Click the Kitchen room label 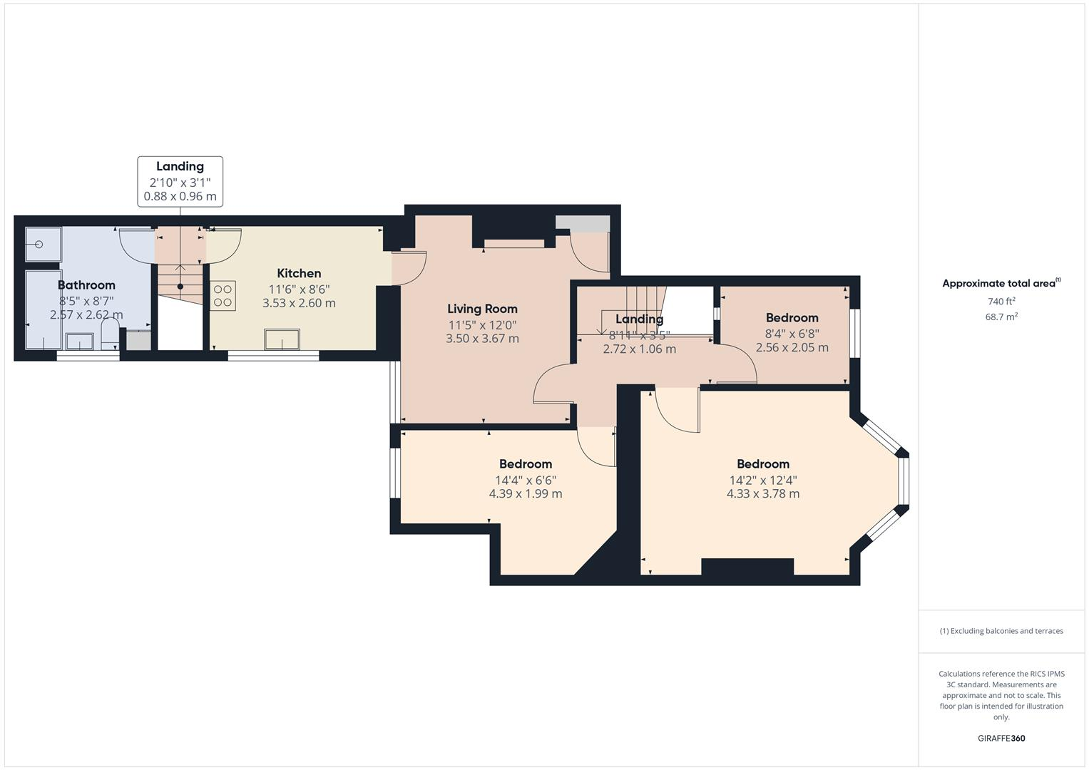point(299,273)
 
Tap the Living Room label point(482,309)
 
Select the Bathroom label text point(86,285)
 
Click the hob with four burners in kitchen point(223,296)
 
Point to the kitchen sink point(282,339)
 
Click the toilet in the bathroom point(110,333)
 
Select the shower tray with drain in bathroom point(44,245)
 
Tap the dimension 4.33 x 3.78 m point(762,493)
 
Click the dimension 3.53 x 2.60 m point(299,303)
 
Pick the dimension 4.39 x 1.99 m point(525,493)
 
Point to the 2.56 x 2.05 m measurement point(792,347)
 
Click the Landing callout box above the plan point(180,181)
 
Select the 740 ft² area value point(1001,302)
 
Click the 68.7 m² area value point(1001,317)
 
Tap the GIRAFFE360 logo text point(1001,738)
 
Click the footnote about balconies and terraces point(1001,631)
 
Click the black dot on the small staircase point(180,287)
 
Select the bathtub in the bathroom point(44,309)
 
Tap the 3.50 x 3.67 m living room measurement point(482,339)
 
